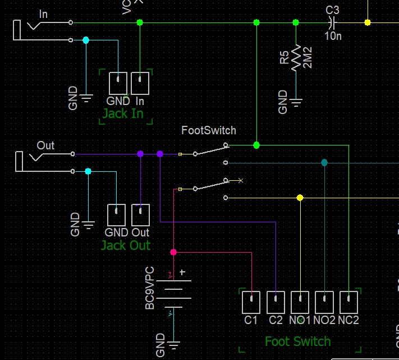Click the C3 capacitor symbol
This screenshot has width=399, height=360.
(332, 22)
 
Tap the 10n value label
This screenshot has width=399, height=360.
(333, 36)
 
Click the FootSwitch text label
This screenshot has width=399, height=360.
(209, 130)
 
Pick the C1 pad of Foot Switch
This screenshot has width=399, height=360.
(251, 303)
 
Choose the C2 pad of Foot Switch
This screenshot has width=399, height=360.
(276, 303)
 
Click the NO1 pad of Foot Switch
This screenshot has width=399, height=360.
(300, 303)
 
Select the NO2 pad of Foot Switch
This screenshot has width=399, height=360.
(324, 303)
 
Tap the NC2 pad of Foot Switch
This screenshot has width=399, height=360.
(348, 303)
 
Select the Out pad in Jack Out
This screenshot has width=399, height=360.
(140, 215)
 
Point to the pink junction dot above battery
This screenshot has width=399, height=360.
(173, 252)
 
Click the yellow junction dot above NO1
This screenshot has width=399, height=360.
(300, 198)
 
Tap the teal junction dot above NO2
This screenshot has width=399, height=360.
(324, 163)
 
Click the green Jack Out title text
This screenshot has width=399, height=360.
(126, 245)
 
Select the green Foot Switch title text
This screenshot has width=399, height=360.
(298, 341)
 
